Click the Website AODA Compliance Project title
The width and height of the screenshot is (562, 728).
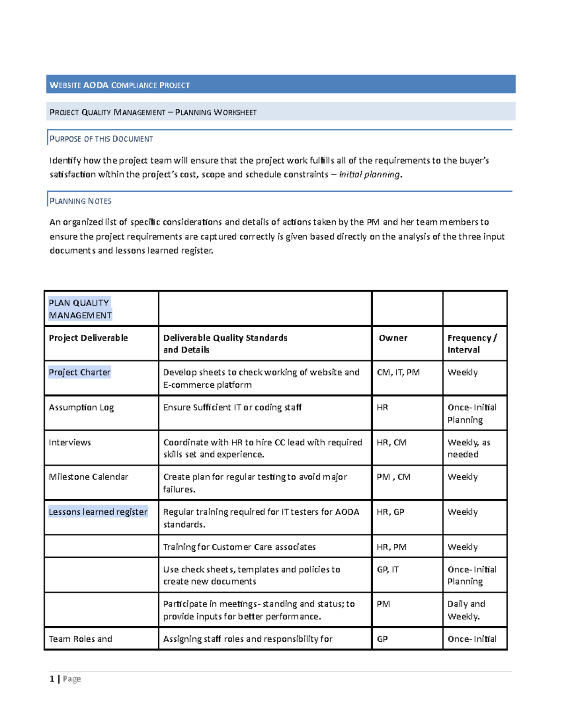pyautogui.click(x=119, y=85)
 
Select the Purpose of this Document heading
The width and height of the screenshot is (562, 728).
pyautogui.click(x=101, y=139)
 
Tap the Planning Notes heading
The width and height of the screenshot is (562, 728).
pyautogui.click(x=81, y=201)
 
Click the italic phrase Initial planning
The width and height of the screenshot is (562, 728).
pyautogui.click(x=370, y=174)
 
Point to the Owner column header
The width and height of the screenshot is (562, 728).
pyautogui.click(x=393, y=338)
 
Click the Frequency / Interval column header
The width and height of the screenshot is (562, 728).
pyautogui.click(x=472, y=344)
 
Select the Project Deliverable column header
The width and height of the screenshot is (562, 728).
pyautogui.click(x=88, y=338)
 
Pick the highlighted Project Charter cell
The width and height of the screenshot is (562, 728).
pyautogui.click(x=80, y=372)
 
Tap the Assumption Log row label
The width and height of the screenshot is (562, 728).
pyautogui.click(x=81, y=407)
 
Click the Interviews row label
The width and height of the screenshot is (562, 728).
pyautogui.click(x=70, y=442)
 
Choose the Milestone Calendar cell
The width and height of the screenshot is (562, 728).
pyautogui.click(x=89, y=477)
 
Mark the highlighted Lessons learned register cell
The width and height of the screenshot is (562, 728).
pyautogui.click(x=98, y=512)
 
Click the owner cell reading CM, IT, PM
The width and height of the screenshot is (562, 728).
pyautogui.click(x=398, y=372)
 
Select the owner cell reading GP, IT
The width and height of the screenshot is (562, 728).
pyautogui.click(x=388, y=570)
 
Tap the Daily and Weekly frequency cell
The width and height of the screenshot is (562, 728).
pyautogui.click(x=466, y=610)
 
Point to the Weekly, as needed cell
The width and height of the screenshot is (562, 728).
pyautogui.click(x=468, y=448)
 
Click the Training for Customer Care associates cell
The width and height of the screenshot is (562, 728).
pyautogui.click(x=239, y=547)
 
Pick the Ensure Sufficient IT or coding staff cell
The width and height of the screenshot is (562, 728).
pyautogui.click(x=232, y=407)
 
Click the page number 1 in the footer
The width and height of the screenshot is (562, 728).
pyautogui.click(x=52, y=679)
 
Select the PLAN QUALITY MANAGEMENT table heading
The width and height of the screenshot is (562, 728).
pyautogui.click(x=80, y=309)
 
